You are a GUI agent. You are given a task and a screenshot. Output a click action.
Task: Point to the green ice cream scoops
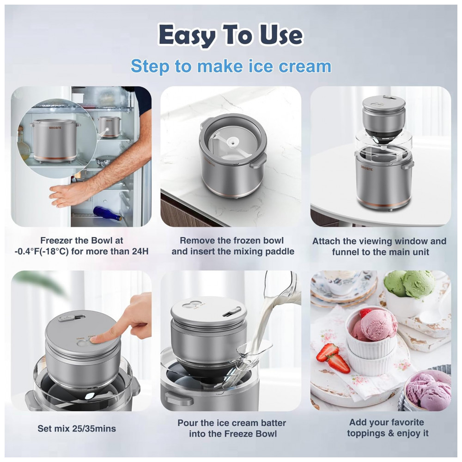tap(409, 284)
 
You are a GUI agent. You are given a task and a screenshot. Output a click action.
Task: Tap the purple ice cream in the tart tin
tap(428, 391)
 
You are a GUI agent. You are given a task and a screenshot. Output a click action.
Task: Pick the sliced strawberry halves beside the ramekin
tap(333, 359)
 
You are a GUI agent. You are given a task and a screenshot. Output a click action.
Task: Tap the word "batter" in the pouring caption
tap(271, 423)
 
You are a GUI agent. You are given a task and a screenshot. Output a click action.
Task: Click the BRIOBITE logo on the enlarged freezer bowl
tap(55, 128)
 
